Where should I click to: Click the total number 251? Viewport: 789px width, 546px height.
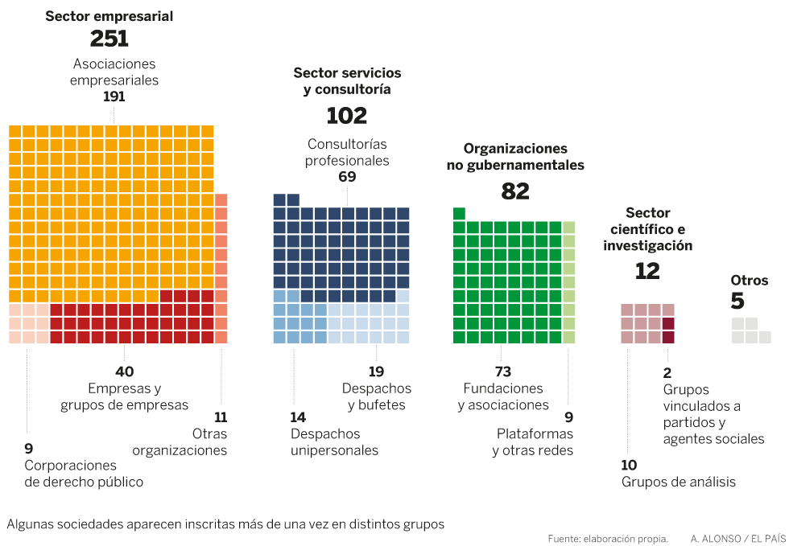tap(109, 39)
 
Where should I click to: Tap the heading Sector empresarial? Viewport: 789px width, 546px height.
tap(109, 16)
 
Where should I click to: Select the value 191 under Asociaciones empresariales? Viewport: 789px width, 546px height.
tap(114, 96)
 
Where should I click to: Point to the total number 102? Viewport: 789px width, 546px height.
tap(347, 116)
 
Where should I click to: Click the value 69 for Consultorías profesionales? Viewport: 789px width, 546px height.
tap(347, 177)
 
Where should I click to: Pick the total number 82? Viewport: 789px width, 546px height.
tap(515, 191)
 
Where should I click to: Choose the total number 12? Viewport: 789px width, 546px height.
tap(647, 271)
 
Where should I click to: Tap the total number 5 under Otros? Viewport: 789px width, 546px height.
tap(737, 302)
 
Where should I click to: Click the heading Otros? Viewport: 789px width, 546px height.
tap(750, 281)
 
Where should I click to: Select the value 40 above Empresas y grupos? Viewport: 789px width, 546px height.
tap(125, 372)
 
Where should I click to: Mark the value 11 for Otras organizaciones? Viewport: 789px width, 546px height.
tap(221, 417)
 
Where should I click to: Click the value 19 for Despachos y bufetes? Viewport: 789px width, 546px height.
tap(376, 372)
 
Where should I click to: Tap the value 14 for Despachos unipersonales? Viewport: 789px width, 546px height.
tap(299, 417)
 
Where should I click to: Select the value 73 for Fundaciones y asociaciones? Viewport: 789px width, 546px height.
tap(502, 372)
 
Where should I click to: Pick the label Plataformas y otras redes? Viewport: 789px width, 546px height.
tap(534, 442)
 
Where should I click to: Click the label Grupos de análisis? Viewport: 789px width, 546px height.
tap(678, 482)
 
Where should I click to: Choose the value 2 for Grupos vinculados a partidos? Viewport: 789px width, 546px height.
tap(667, 372)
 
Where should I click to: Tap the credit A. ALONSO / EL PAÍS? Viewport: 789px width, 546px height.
tap(737, 538)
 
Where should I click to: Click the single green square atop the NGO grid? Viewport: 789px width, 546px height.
tap(459, 213)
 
